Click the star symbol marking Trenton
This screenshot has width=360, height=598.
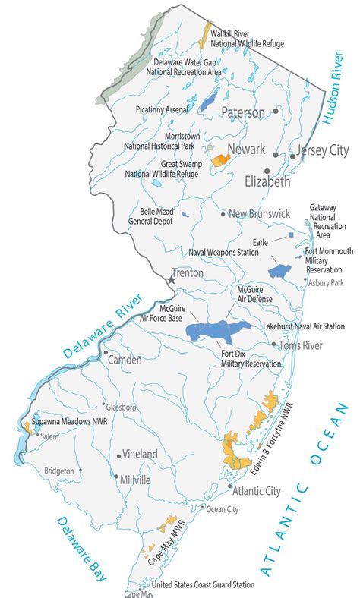(172, 280)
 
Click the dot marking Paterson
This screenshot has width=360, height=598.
(276, 112)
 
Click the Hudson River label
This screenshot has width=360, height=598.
(335, 99)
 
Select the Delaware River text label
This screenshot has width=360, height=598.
(99, 327)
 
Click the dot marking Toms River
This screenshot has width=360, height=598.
(274, 345)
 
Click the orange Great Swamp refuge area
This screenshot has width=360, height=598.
(221, 160)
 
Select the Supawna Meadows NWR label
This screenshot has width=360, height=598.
(69, 422)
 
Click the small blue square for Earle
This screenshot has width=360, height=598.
(290, 236)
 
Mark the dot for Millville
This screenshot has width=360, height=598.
(115, 477)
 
